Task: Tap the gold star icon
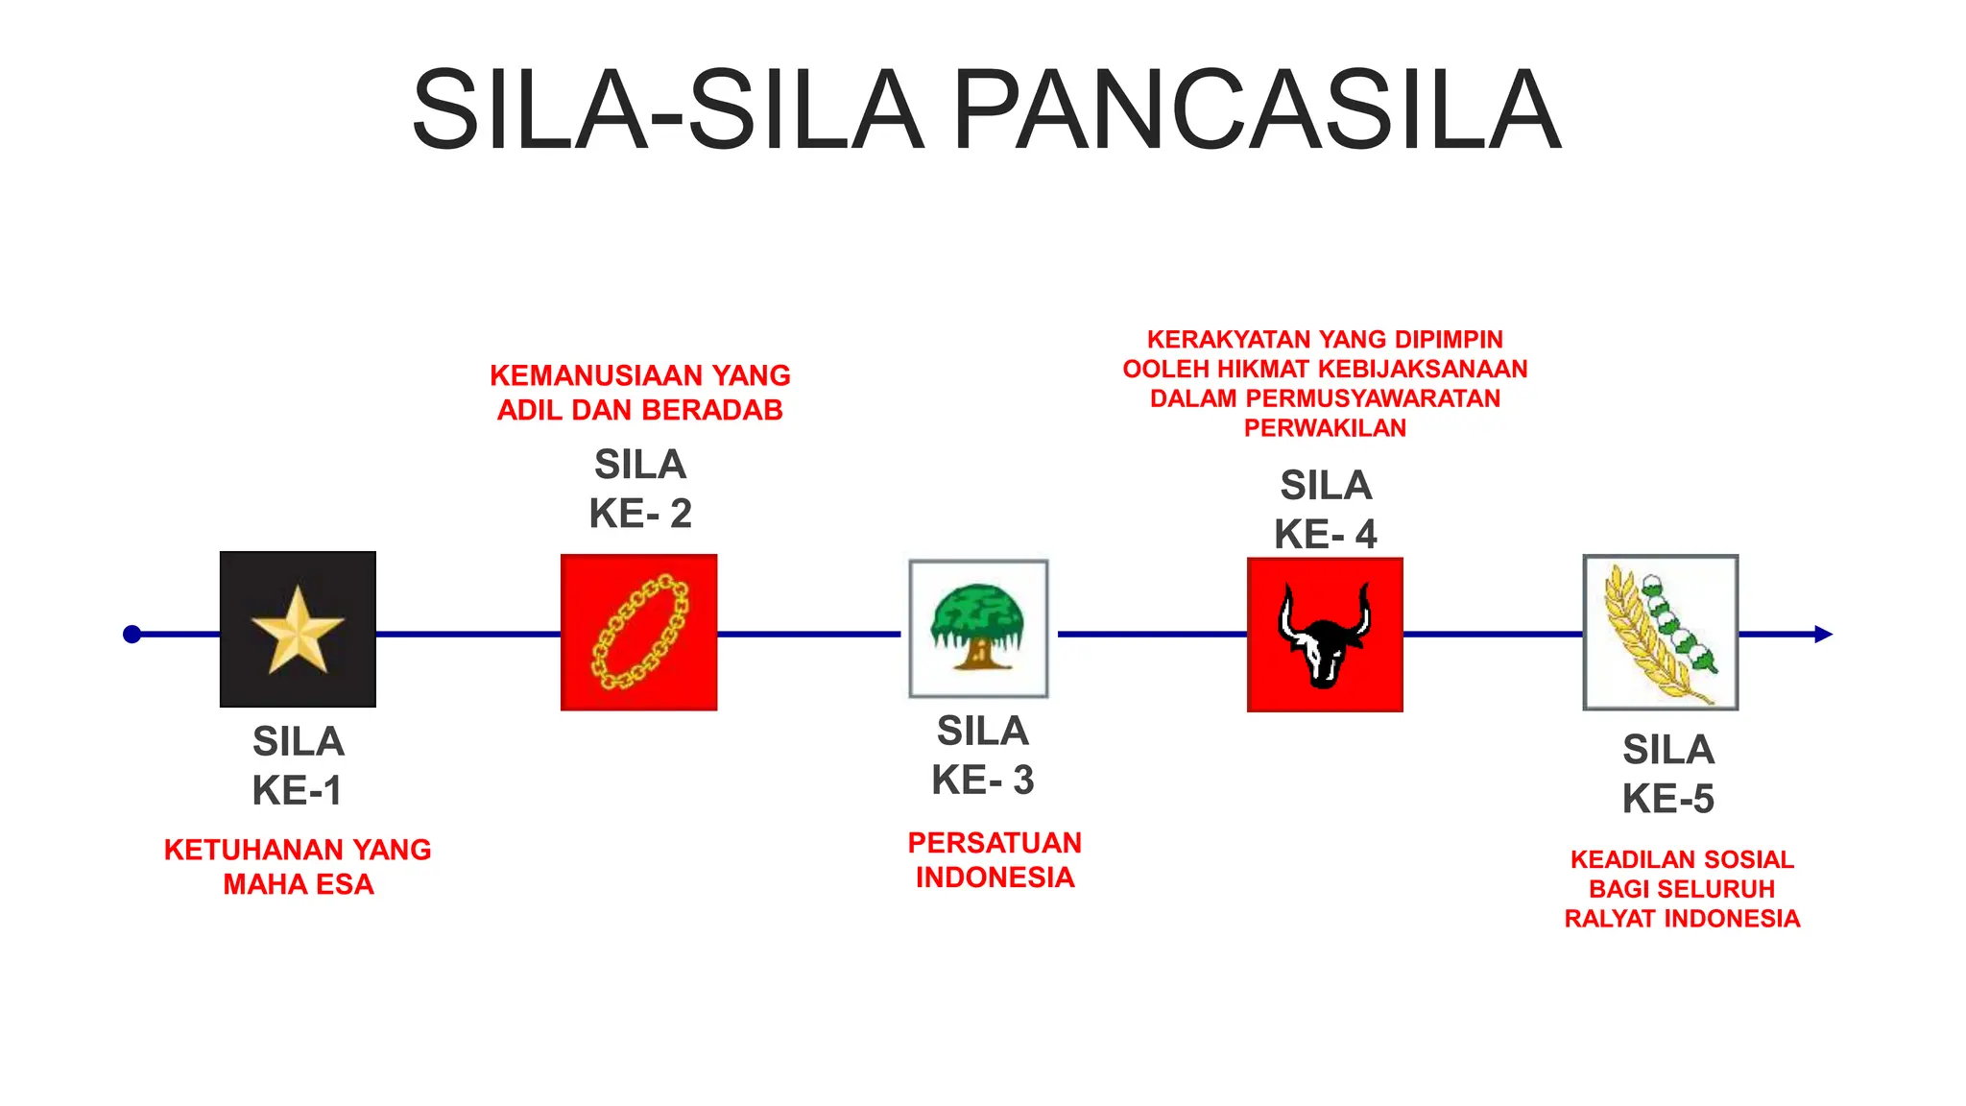click(298, 630)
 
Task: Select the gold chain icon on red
click(639, 633)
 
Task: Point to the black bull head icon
click(1325, 635)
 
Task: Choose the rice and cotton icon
click(1661, 633)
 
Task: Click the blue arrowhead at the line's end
click(1823, 634)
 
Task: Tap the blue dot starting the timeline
click(132, 634)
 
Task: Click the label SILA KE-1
click(298, 766)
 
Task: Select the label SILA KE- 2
click(640, 489)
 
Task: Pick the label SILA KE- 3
click(983, 756)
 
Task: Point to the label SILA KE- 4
click(1326, 510)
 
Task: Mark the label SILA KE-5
click(1668, 774)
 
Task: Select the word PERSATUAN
click(995, 843)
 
